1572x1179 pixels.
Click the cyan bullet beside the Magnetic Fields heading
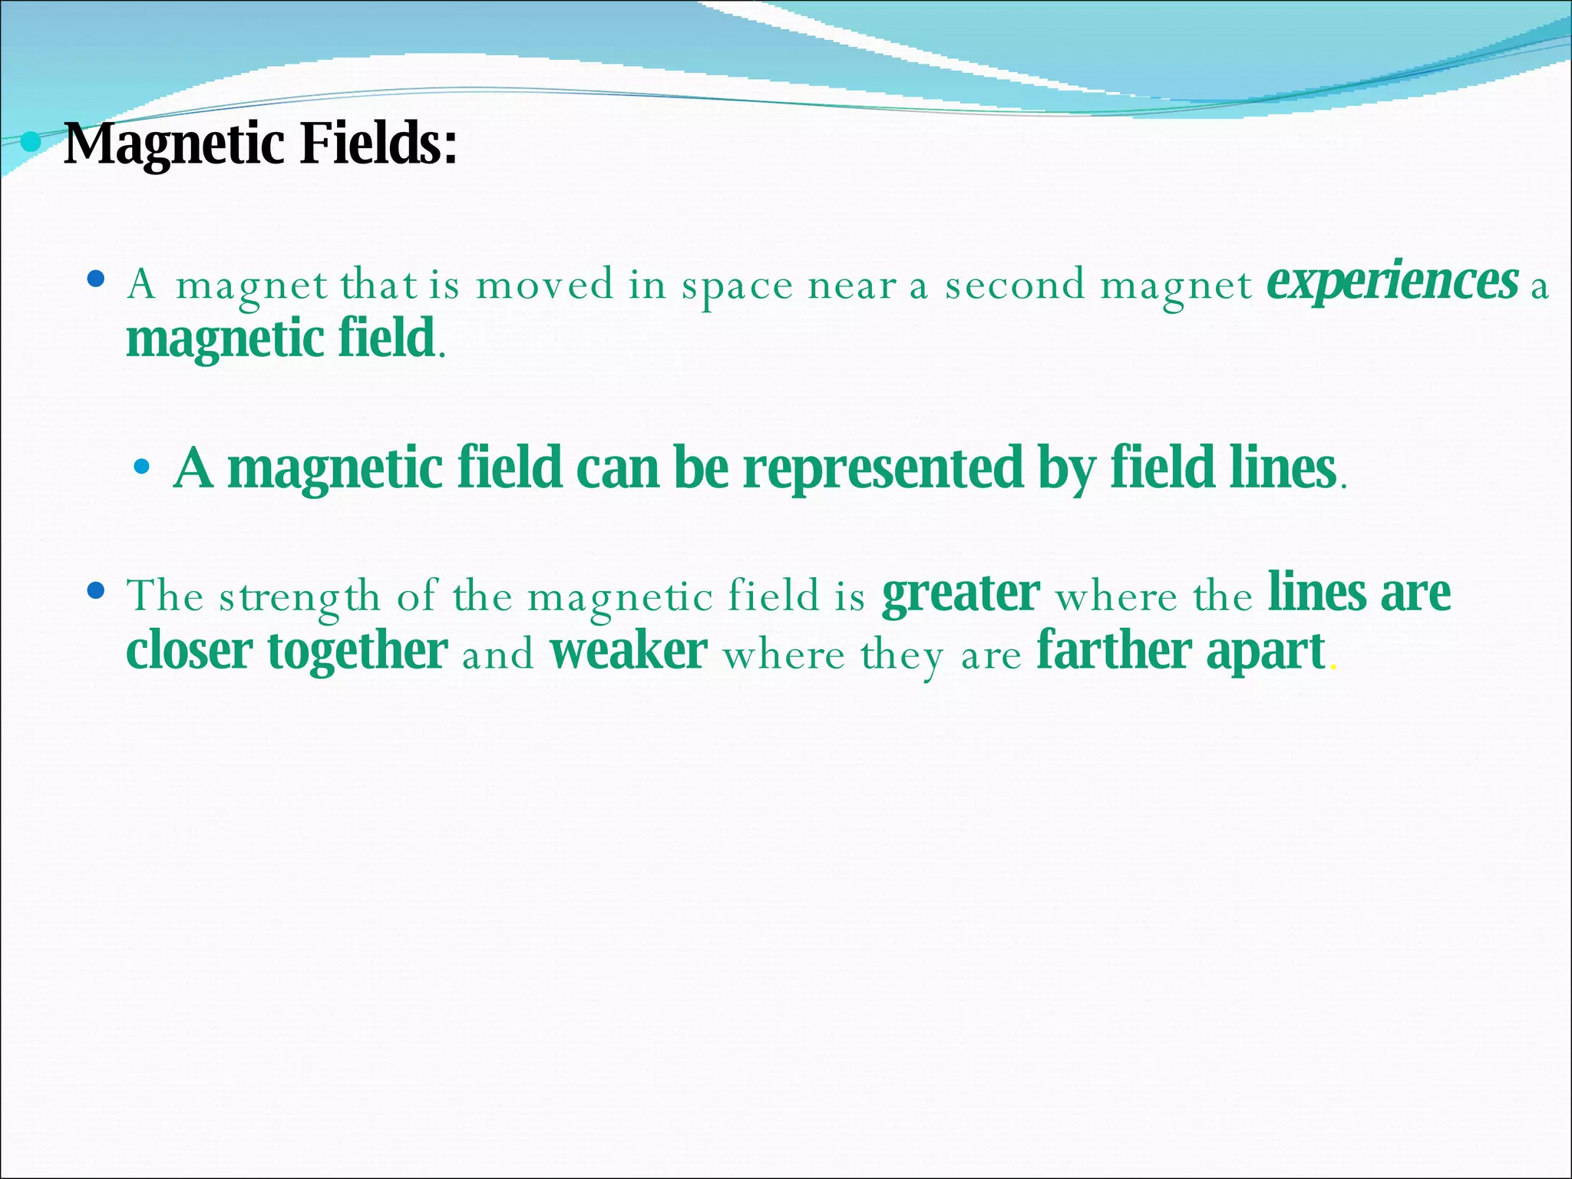[31, 142]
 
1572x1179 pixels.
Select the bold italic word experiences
[1392, 282]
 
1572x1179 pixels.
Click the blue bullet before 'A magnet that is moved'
[96, 279]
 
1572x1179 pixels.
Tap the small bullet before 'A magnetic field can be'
[141, 466]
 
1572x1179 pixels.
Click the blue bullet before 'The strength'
[96, 591]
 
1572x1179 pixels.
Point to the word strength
[299, 598]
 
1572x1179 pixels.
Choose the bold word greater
[961, 595]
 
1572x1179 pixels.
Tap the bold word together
[358, 653]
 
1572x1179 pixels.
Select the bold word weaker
[629, 652]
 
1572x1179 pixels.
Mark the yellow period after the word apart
[1333, 669]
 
